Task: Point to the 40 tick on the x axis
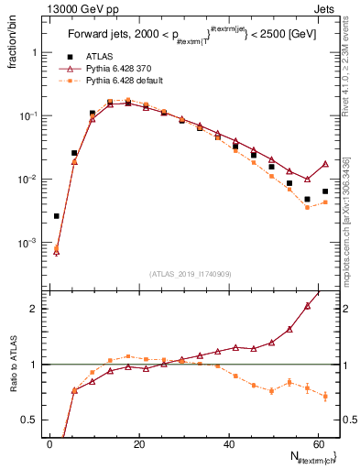point(228,443)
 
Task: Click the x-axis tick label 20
point(138,443)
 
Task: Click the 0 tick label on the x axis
point(49,443)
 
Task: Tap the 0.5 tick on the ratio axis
point(28,420)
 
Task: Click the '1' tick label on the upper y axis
point(34,52)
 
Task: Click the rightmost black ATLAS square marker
point(325,191)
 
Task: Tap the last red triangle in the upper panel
point(325,164)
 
